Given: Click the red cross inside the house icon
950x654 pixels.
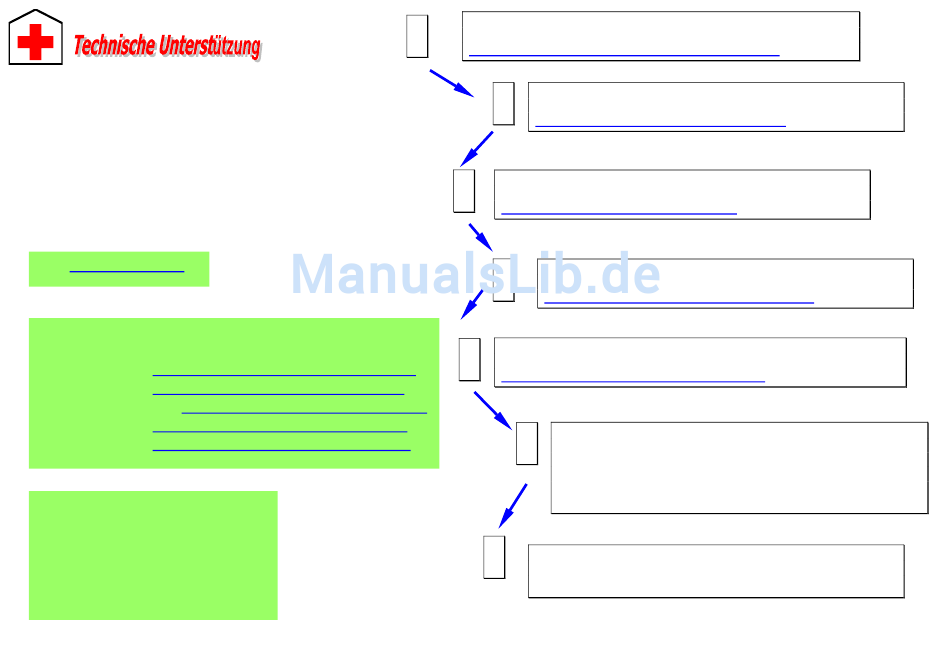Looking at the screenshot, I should click(35, 42).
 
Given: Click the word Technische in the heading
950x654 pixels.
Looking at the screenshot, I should click(114, 45).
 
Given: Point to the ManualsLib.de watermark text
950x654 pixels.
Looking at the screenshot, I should click(475, 274).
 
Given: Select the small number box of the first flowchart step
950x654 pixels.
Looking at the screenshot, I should click(417, 36).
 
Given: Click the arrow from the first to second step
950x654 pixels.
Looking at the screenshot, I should click(451, 83).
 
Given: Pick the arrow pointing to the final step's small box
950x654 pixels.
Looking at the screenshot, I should click(513, 505).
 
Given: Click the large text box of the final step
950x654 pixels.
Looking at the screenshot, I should click(715, 571).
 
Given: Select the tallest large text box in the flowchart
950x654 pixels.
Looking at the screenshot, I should click(739, 468).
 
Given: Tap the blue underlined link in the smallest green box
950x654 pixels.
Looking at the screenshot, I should click(127, 271).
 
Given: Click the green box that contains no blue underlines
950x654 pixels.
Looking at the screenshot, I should click(153, 555).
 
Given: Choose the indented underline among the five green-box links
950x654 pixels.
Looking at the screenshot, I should click(304, 412).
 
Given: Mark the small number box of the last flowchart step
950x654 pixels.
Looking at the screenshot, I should click(494, 557).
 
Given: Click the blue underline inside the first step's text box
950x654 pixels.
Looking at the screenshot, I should click(623, 55).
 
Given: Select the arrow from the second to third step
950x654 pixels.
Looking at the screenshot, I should click(476, 148).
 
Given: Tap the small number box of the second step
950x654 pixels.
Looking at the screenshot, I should click(503, 103).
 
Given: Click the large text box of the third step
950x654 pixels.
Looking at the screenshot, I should click(682, 194).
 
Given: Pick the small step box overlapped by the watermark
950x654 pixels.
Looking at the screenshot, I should click(504, 279).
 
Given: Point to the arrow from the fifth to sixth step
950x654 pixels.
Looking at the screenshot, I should click(493, 408).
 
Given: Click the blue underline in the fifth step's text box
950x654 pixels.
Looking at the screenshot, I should click(632, 381).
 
